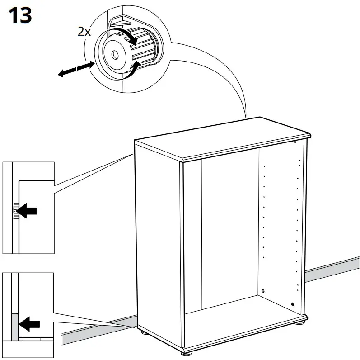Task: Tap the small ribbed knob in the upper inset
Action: tap(15, 210)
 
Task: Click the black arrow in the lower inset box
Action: tap(30, 323)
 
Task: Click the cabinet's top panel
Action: tap(221, 136)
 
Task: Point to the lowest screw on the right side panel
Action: tap(293, 303)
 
